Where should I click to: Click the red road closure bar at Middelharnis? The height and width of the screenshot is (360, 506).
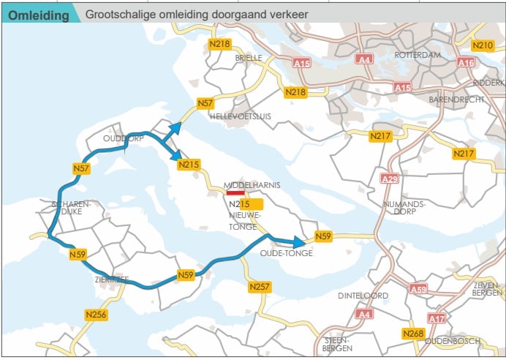point(235,192)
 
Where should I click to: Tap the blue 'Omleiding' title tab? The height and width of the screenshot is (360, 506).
point(40,15)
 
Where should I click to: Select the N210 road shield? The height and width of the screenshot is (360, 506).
point(483,45)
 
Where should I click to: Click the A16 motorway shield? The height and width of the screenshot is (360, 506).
point(466,62)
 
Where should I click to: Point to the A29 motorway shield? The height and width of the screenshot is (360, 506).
point(390,179)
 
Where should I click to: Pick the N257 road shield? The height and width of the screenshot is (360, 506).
point(260,287)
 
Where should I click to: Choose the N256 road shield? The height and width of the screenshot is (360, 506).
point(97,315)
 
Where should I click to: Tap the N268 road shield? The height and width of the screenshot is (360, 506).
point(413,333)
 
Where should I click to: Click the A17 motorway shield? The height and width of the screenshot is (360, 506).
point(437,318)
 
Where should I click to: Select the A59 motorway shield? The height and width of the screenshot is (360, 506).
point(418,289)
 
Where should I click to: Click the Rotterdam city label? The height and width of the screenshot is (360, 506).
point(418,55)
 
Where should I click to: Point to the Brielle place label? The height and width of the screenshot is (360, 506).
point(249,58)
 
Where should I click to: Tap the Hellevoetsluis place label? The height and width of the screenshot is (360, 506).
point(241,116)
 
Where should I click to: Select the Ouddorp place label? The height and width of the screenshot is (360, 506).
point(124,138)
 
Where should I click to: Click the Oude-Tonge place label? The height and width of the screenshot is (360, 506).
point(287,253)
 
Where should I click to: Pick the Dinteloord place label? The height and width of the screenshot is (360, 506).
point(363,296)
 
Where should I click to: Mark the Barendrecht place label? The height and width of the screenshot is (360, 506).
point(456,100)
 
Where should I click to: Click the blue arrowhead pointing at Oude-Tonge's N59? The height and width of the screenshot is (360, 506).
point(300,242)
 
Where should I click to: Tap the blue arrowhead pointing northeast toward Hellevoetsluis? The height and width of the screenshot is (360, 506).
point(175,128)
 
